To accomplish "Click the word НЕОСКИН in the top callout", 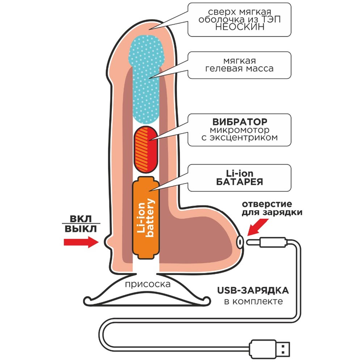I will point(239,28).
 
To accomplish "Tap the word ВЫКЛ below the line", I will point(80,229).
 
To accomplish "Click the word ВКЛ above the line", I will point(80,219).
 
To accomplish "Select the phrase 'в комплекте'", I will point(253,301).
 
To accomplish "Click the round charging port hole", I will point(240,241).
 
